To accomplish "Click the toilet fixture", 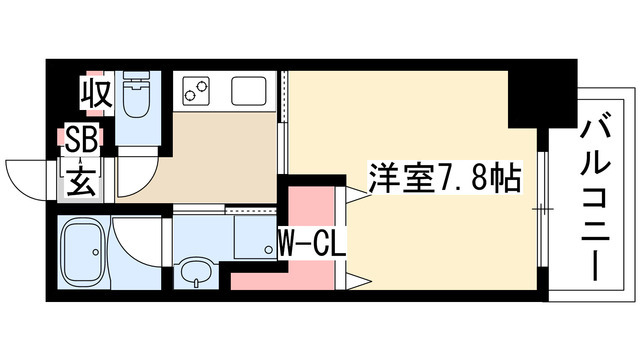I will tap(134, 96).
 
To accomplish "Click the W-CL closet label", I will tap(310, 243).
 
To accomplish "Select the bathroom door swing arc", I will tap(135, 240).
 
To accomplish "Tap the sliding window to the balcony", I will tap(540, 209).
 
